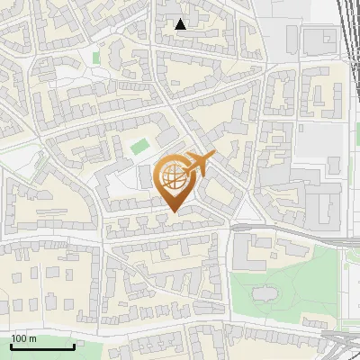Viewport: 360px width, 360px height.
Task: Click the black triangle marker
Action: pyautogui.click(x=181, y=24)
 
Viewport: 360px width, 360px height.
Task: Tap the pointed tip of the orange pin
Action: pyautogui.click(x=174, y=211)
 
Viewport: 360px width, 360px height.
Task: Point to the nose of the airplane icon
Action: pyautogui.click(x=213, y=156)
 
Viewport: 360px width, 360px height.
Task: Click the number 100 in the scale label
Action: pyautogui.click(x=19, y=339)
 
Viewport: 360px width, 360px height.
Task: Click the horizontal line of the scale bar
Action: pyautogui.click(x=41, y=347)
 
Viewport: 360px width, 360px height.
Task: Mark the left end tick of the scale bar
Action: pyautogui.click(x=10, y=346)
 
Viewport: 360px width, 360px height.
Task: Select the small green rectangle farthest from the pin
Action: pyautogui.click(x=95, y=58)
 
